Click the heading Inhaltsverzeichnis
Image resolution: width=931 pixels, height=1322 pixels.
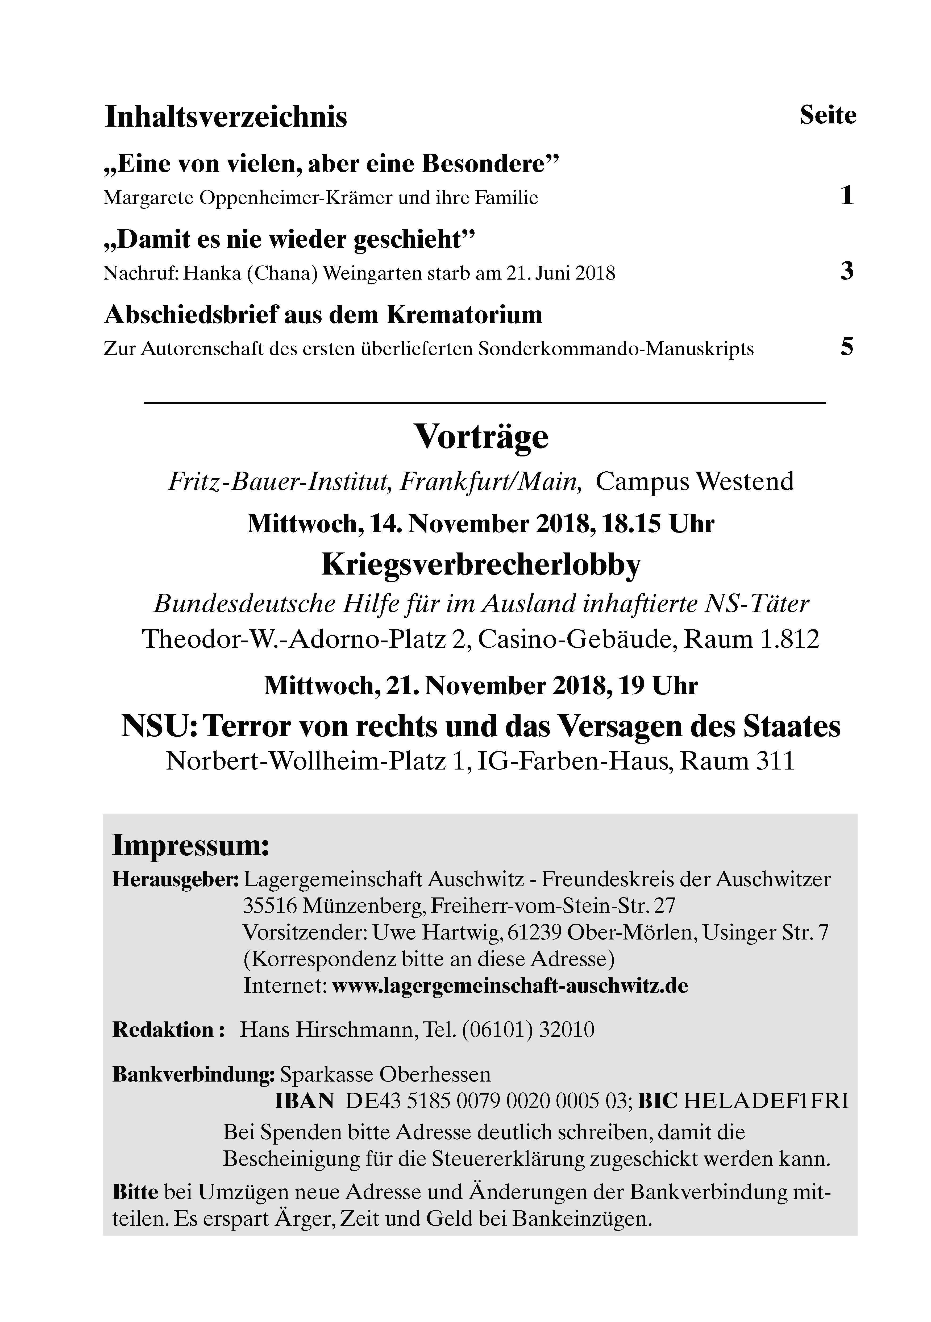(226, 117)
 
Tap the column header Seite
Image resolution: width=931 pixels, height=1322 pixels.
(827, 115)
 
